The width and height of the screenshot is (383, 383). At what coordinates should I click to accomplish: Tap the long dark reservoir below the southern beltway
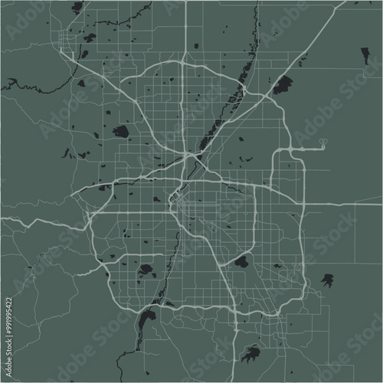point(146,317)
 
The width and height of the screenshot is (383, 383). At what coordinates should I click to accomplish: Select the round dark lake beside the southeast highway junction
point(241,262)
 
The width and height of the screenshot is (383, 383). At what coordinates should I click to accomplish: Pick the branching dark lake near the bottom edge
point(250,354)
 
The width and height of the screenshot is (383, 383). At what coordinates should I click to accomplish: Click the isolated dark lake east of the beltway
point(328,280)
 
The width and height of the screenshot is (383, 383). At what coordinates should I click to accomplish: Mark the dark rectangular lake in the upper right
point(365,55)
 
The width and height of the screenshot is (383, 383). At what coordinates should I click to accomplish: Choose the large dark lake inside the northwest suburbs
point(120,131)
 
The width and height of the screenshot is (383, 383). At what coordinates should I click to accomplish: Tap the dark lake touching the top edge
point(77,7)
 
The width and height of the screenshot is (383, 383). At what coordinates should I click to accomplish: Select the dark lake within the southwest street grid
point(146,270)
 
